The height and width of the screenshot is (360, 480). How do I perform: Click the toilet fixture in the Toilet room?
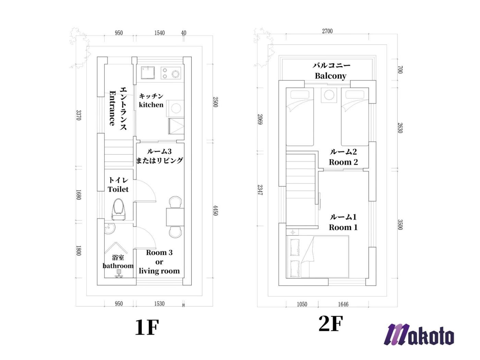(x=119, y=209)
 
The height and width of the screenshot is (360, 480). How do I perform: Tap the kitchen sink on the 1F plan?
(x=148, y=73)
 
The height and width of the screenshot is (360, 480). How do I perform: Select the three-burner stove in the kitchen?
(x=171, y=73)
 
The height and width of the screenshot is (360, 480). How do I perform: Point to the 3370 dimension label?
(x=79, y=115)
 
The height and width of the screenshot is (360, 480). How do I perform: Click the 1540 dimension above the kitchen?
(x=159, y=33)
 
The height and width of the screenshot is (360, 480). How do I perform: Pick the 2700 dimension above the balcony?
(x=327, y=31)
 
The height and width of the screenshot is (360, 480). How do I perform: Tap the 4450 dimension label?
(x=215, y=210)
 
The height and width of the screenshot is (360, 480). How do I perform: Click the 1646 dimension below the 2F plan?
(x=343, y=304)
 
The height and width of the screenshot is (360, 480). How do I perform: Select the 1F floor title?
(x=147, y=327)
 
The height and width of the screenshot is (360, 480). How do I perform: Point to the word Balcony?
(x=331, y=76)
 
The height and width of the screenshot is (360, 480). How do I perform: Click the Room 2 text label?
(x=343, y=162)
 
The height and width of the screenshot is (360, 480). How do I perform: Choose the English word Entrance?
(x=112, y=108)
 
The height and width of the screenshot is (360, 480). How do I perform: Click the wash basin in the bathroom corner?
(x=110, y=229)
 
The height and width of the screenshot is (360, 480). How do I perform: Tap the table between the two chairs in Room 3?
(x=175, y=217)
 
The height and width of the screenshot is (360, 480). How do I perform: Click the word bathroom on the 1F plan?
(x=118, y=266)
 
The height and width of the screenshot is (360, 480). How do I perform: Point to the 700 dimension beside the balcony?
(x=400, y=70)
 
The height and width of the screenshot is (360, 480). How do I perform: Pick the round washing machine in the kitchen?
(x=176, y=108)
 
